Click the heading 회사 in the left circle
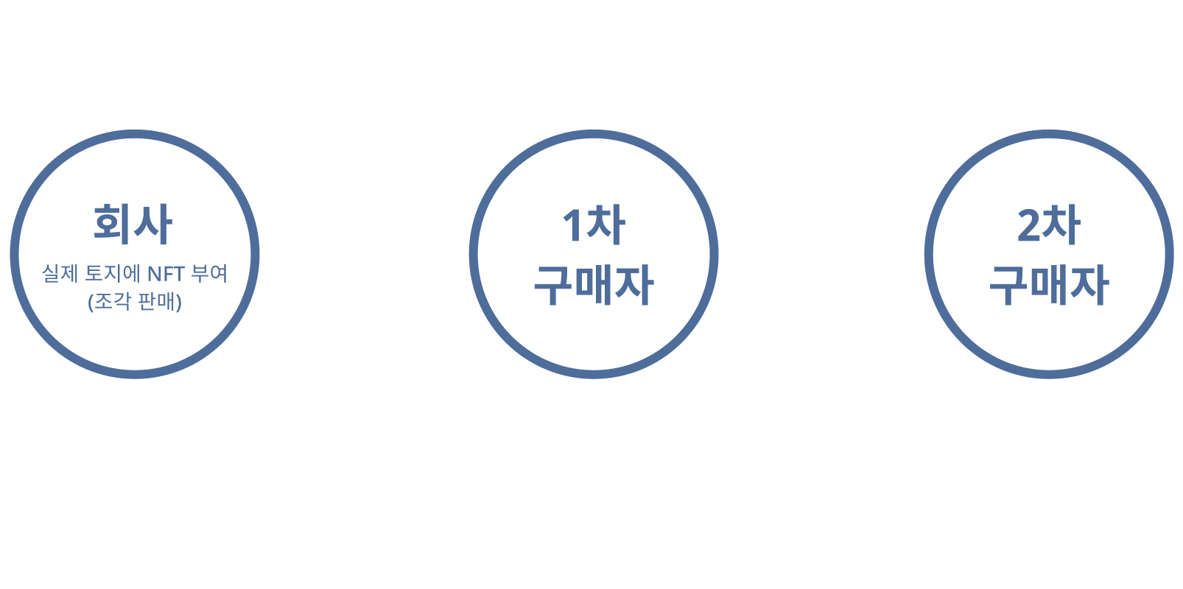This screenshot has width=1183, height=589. click(133, 224)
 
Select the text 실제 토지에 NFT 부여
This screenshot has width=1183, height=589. click(135, 273)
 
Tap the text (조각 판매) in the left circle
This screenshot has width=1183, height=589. click(135, 302)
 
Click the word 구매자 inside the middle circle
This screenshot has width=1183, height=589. click(594, 285)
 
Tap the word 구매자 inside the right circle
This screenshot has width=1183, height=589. click(1049, 285)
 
